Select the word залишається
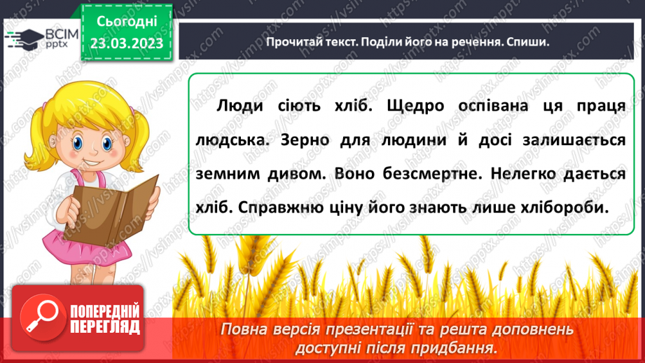[572, 140]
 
